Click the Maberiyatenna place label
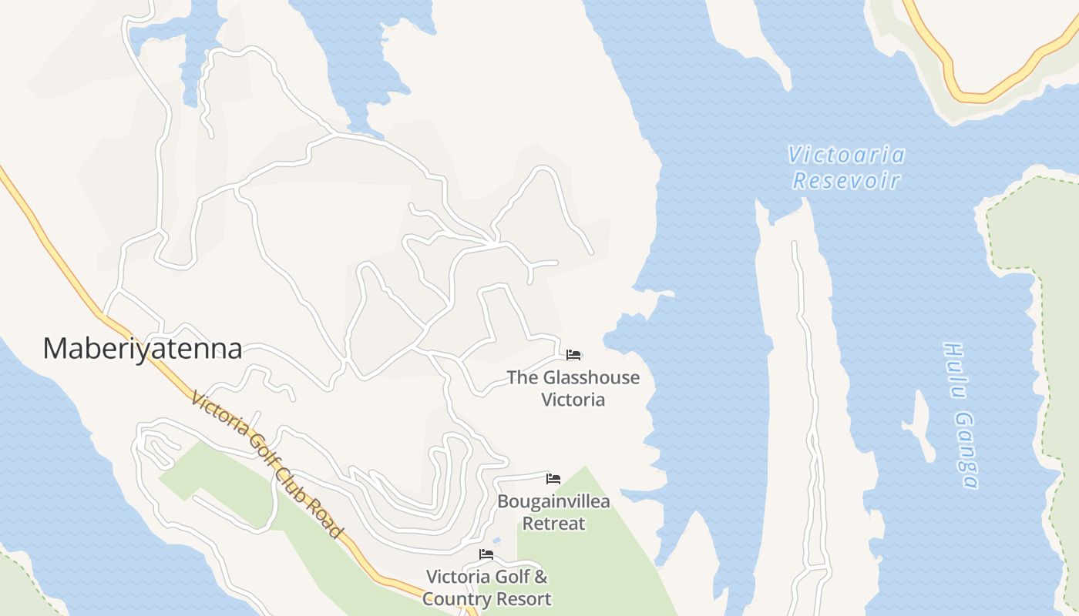[x=143, y=349]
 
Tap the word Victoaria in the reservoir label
[x=846, y=156]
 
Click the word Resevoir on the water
[x=846, y=182]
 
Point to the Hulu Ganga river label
[x=960, y=416]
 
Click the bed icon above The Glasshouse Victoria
[x=573, y=355]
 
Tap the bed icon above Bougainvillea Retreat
[x=553, y=479]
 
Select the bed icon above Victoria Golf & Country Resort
[x=486, y=554]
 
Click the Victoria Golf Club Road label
[x=266, y=465]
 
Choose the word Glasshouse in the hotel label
[x=591, y=377]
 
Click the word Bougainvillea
[x=553, y=502]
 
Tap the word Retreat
[x=553, y=524]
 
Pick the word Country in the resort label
[x=459, y=599]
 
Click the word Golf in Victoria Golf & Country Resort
[x=507, y=577]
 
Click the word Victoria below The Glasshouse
[x=573, y=400]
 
